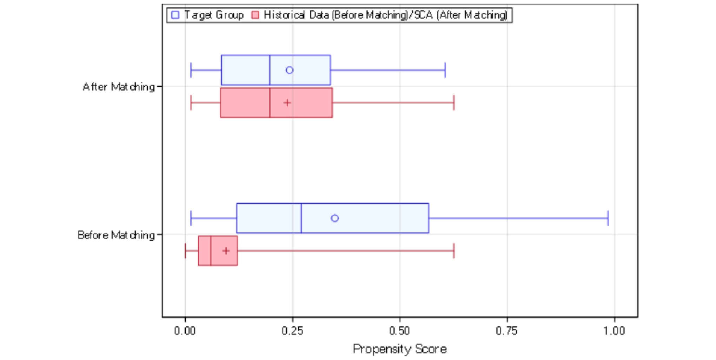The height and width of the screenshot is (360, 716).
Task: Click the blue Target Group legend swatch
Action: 175,15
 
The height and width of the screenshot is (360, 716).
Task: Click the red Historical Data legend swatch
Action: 255,15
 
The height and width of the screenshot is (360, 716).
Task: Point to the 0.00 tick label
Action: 185,331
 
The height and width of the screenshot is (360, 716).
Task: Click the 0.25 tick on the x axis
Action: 292,331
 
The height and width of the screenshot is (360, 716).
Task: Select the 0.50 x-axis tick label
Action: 400,331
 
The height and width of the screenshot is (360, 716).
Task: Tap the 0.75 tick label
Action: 507,331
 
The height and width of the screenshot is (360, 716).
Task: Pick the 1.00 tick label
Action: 614,331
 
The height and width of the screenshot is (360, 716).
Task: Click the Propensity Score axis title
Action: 399,349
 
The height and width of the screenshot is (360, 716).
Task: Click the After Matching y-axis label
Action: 119,87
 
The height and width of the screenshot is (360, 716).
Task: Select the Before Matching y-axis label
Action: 116,235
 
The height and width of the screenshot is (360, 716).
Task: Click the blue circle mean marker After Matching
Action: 290,70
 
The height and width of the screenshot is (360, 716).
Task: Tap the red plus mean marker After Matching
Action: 287,103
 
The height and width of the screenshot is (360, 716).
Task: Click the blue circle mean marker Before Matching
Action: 335,218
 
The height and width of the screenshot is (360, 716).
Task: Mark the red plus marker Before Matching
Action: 226,251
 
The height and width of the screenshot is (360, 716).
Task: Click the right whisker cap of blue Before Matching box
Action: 608,218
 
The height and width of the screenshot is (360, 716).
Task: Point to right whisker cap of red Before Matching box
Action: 454,251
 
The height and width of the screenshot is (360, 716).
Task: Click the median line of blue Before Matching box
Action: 301,218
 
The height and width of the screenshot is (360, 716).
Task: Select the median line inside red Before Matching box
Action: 211,251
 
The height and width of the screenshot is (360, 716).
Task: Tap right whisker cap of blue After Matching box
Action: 445,70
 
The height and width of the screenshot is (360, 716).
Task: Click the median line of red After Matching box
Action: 270,103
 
